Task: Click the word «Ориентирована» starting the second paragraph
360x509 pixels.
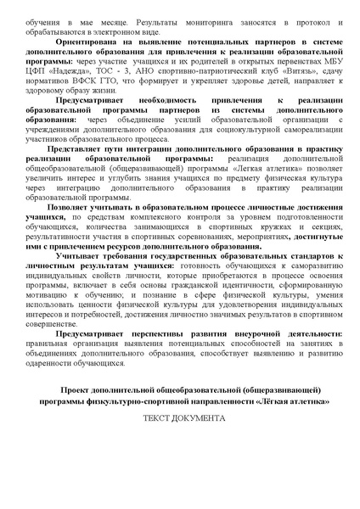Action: pos(83,41)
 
